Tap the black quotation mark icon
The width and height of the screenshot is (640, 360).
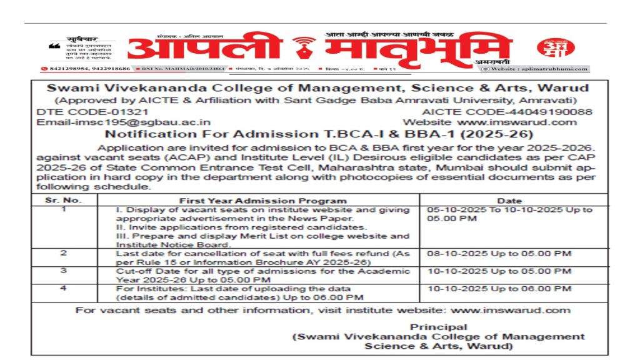54,46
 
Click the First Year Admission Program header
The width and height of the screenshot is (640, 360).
262,201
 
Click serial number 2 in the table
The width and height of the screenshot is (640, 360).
63,252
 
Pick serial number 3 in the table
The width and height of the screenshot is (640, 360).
63,271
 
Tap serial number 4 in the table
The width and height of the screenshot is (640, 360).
63,289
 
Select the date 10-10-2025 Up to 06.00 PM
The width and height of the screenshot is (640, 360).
499,289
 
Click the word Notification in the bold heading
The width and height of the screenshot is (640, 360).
140,134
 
